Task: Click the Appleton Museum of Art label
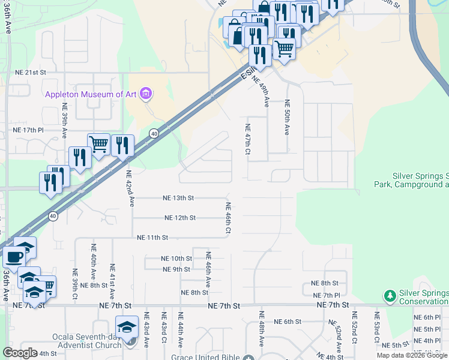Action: point(91,94)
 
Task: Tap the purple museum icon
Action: point(145,94)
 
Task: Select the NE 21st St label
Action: point(31,72)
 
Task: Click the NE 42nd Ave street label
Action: point(129,188)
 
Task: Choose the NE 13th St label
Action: point(178,197)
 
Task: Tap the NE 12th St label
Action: point(179,217)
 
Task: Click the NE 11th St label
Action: point(152,238)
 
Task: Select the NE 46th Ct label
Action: point(228,217)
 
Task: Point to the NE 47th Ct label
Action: point(247,139)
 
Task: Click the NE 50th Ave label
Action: point(287,117)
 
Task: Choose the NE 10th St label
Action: point(176,259)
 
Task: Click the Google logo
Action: point(20,353)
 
